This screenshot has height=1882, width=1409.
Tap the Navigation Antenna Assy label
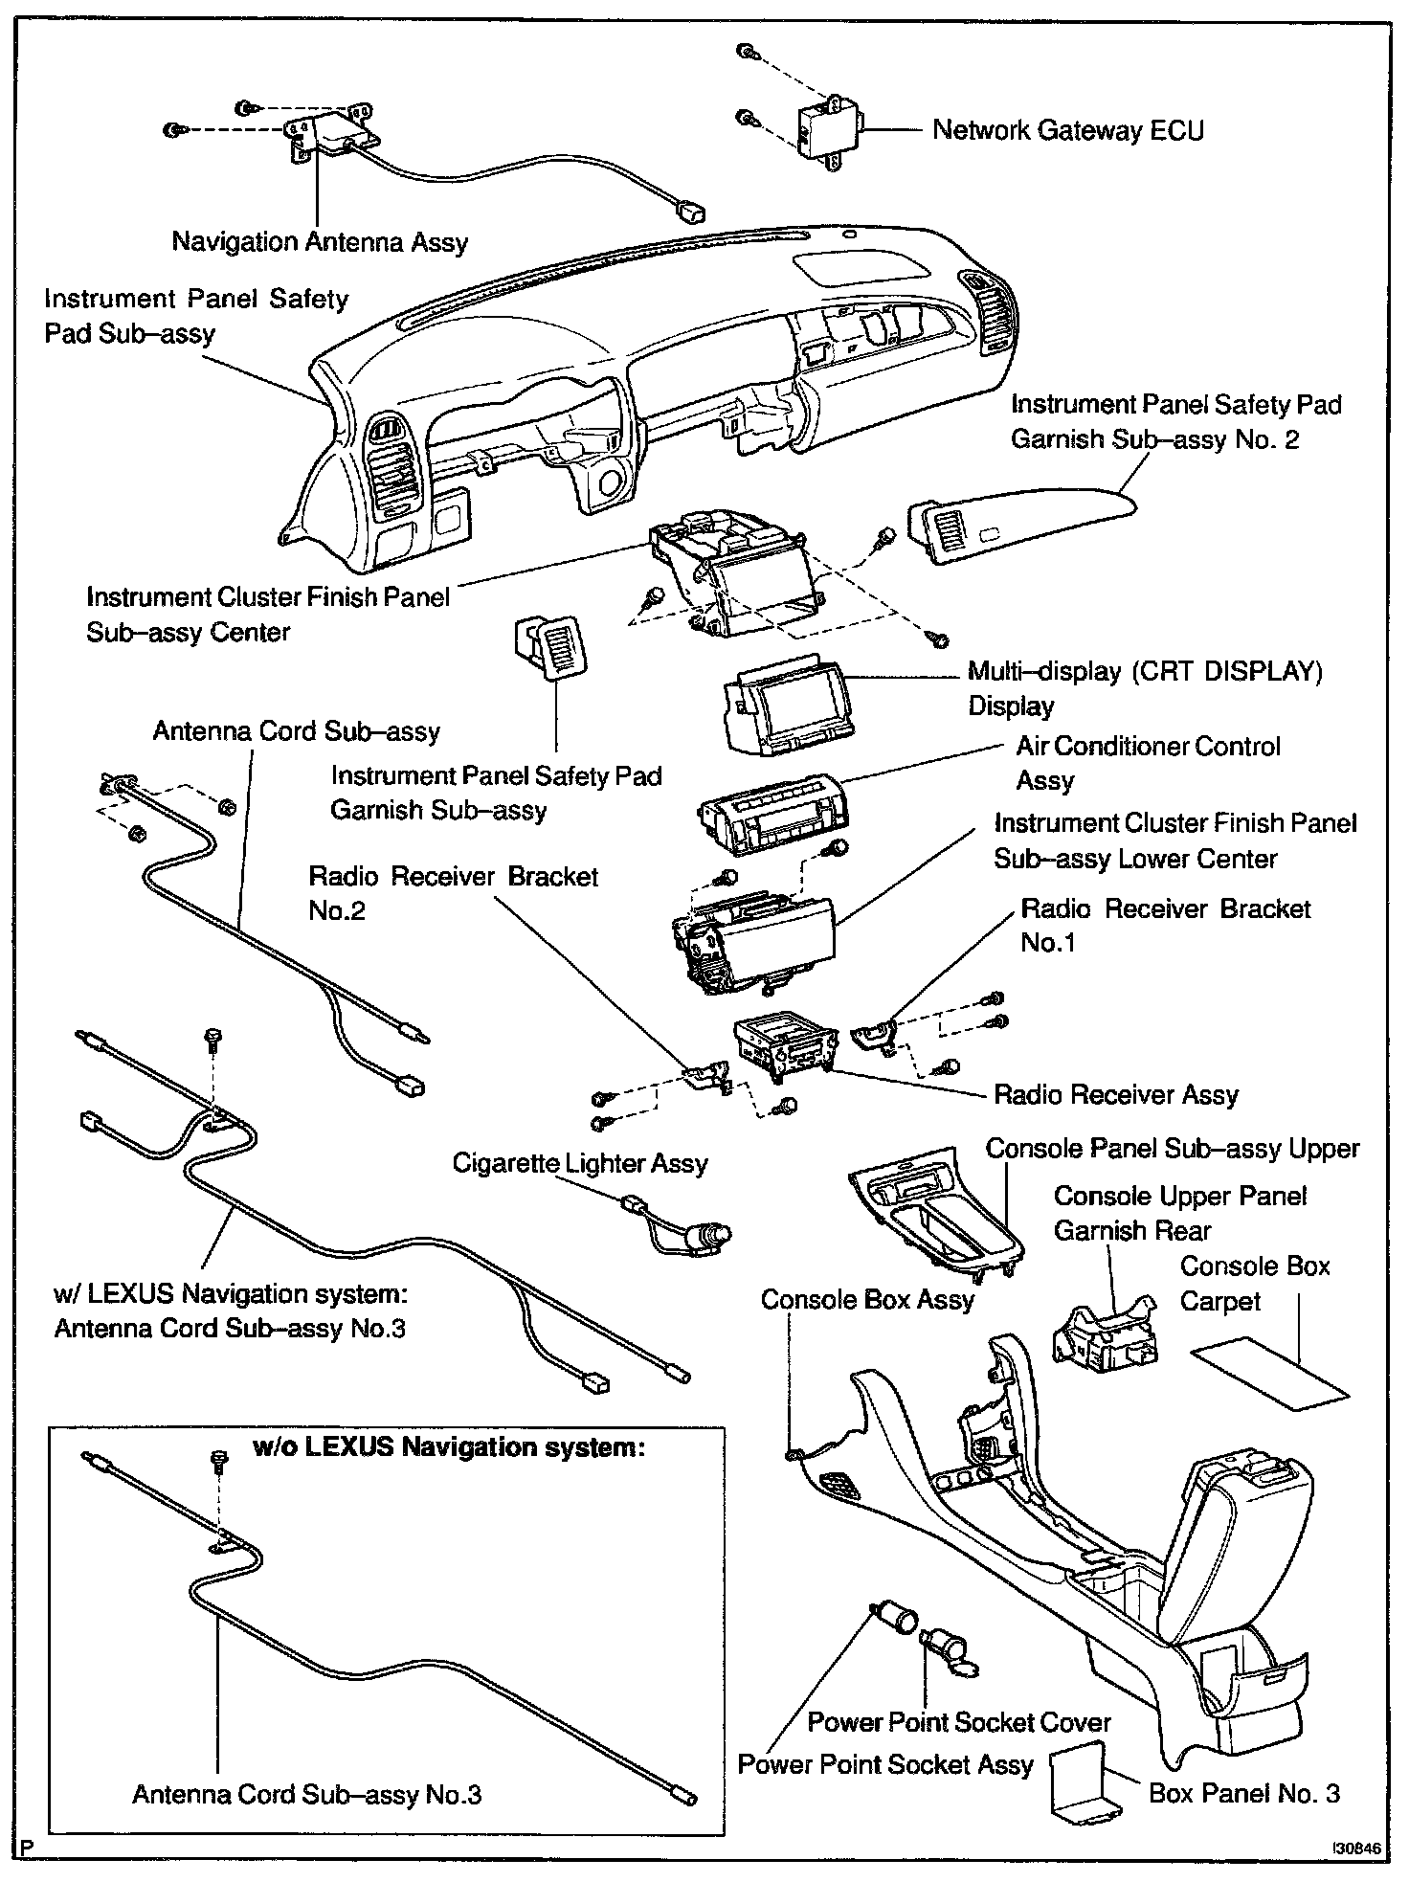click(x=320, y=241)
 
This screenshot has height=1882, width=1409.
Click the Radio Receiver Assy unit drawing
click(x=782, y=1053)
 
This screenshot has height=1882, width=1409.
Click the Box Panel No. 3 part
click(x=1083, y=1786)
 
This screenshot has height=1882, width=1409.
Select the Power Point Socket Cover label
click(x=958, y=1721)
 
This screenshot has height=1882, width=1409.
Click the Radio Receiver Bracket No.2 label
click(x=453, y=892)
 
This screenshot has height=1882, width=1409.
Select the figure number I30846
click(x=1357, y=1848)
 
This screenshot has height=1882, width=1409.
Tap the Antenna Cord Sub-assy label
click(x=296, y=731)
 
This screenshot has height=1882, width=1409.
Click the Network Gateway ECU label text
click(x=1067, y=130)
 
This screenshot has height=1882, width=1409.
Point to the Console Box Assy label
click(x=866, y=1299)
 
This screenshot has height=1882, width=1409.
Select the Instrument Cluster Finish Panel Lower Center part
click(x=756, y=943)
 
